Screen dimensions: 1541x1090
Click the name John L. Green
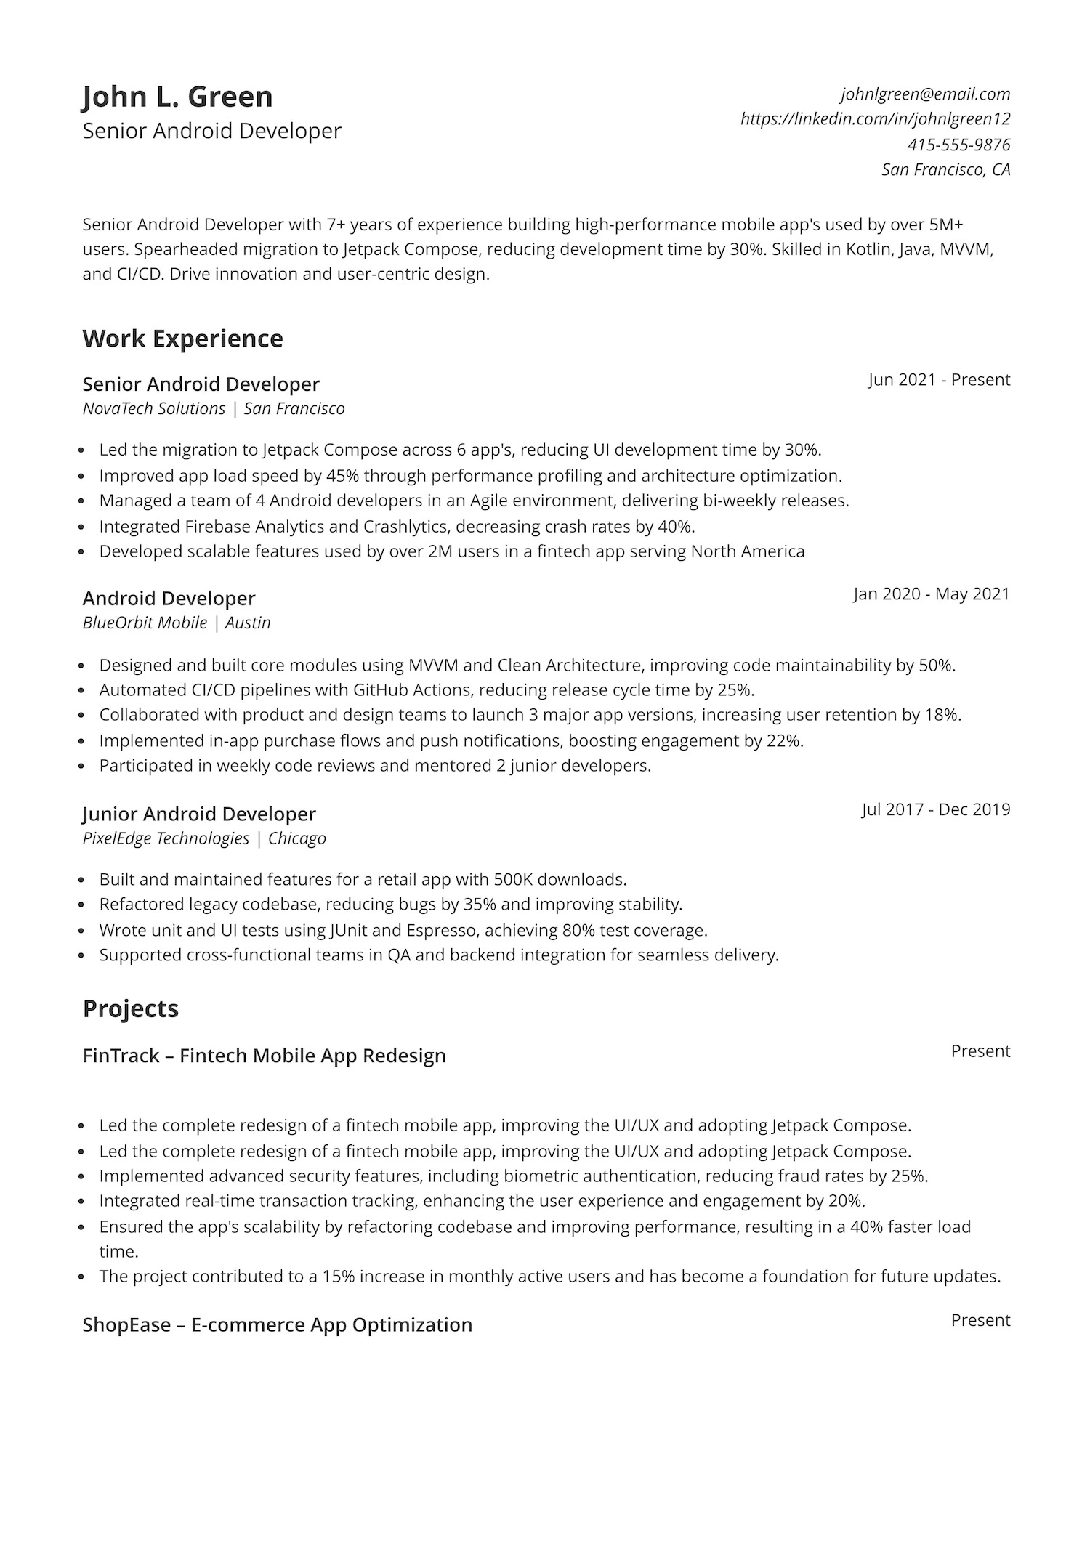point(177,97)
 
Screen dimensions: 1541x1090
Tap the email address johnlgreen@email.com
point(925,94)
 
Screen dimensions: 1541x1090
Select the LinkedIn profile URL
point(875,118)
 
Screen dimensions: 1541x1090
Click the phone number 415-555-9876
point(958,145)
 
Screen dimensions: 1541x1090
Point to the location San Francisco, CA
point(945,170)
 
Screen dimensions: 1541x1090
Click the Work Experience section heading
point(182,339)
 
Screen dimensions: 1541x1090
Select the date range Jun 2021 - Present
point(939,380)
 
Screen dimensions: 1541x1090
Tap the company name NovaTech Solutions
point(154,408)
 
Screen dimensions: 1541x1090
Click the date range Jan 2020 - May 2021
point(931,594)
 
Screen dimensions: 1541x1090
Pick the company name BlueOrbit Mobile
point(145,623)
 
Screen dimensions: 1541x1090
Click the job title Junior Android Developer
point(199,814)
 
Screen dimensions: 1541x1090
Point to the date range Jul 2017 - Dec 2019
point(936,809)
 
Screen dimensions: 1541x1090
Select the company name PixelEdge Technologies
point(166,838)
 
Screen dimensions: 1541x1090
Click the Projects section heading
point(131,1008)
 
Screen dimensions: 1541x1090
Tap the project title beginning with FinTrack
point(264,1056)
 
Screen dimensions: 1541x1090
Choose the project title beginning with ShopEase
point(277,1324)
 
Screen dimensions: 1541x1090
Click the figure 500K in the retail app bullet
point(513,880)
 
